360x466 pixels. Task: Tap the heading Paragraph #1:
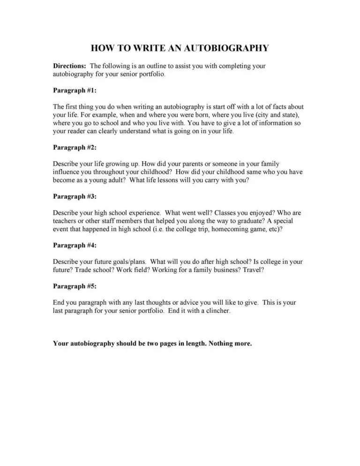[75, 90]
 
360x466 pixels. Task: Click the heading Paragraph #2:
[75, 148]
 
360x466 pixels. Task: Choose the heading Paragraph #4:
[75, 245]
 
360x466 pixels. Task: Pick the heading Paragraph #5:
[75, 286]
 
